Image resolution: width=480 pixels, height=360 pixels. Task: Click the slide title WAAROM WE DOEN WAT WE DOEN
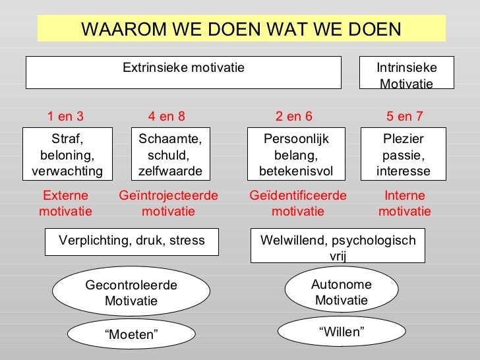tap(241, 29)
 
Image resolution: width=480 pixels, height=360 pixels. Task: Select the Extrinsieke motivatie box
tap(183, 72)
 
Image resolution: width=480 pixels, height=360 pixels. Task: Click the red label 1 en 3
tap(65, 117)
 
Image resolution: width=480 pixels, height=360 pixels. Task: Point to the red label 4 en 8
tap(167, 117)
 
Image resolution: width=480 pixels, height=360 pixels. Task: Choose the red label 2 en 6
tap(294, 117)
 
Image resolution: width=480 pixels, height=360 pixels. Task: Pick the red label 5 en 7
tap(405, 117)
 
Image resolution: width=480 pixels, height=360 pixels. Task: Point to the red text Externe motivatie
tap(65, 204)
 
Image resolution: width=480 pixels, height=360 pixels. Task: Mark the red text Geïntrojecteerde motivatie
tap(168, 204)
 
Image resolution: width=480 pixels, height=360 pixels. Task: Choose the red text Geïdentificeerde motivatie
tap(298, 204)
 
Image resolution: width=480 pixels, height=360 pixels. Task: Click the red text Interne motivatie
tap(404, 204)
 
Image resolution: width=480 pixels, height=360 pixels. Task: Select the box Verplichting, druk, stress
tap(132, 241)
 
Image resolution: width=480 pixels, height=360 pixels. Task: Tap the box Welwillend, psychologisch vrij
tap(338, 245)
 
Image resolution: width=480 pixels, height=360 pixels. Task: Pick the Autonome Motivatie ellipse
tap(342, 292)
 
